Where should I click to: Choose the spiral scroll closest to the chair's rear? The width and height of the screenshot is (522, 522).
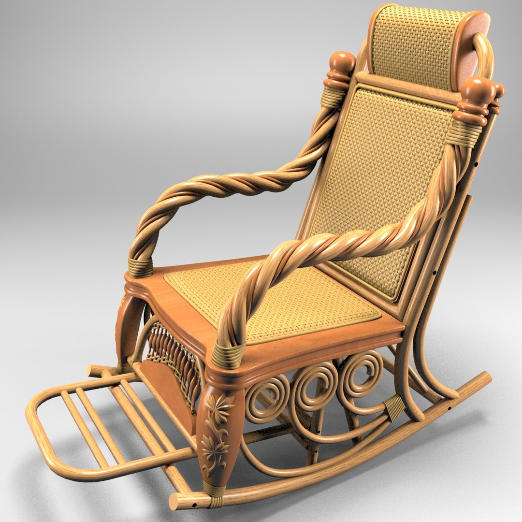[x=360, y=372]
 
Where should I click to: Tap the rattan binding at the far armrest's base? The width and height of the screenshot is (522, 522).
[x=140, y=267]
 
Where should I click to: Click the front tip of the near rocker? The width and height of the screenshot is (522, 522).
[x=176, y=502]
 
